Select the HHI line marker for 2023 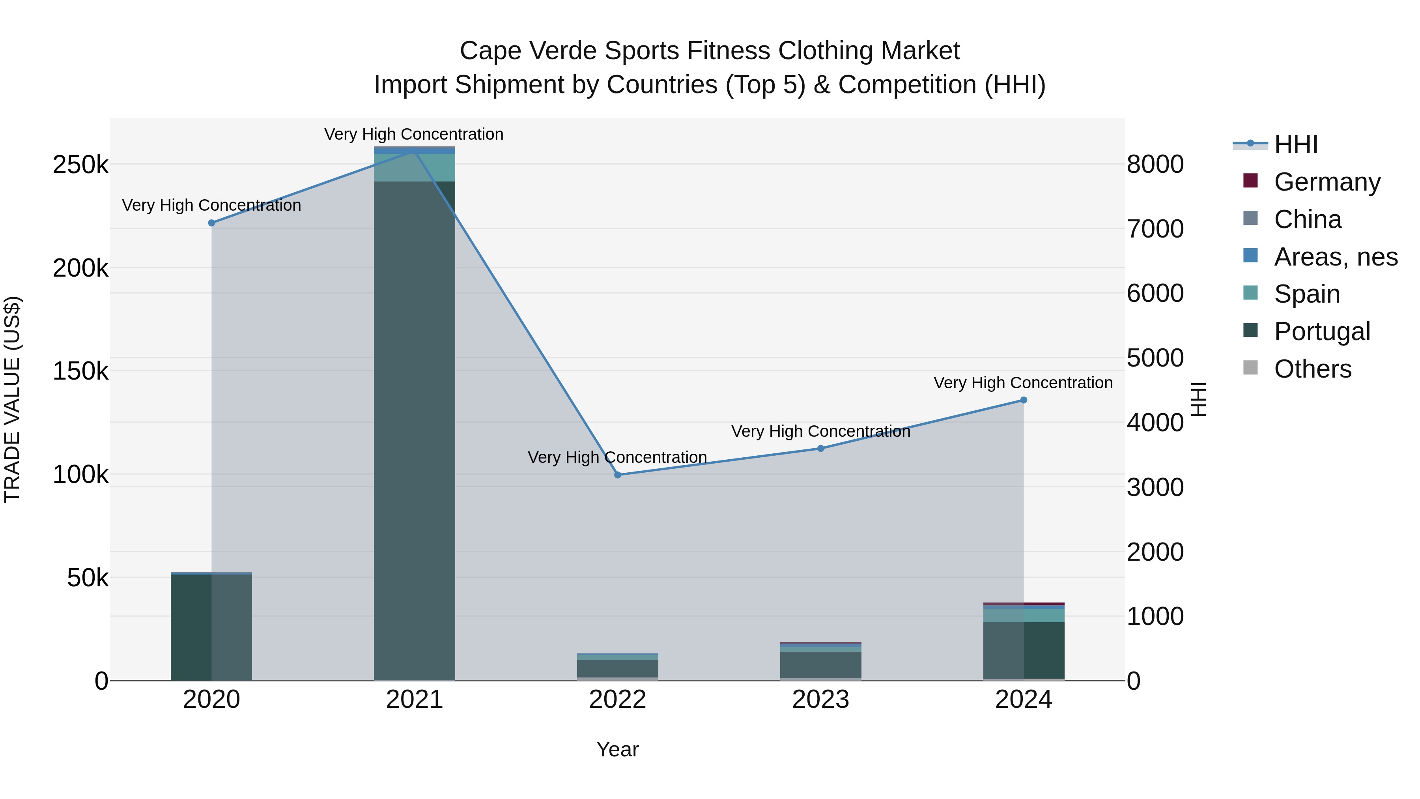point(820,448)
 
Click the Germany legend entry point(1327,182)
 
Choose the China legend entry point(1307,219)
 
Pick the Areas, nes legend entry point(1335,257)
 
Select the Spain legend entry point(1306,294)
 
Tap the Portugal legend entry point(1321,331)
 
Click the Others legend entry point(1312,369)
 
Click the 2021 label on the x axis point(415,700)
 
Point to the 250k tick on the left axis point(80,164)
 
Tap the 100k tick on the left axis point(80,474)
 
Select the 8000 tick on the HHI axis point(1155,164)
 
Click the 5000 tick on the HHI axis point(1155,358)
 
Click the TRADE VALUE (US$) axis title point(12,399)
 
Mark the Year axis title point(617,749)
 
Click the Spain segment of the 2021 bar point(415,168)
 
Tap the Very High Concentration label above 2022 point(617,457)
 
